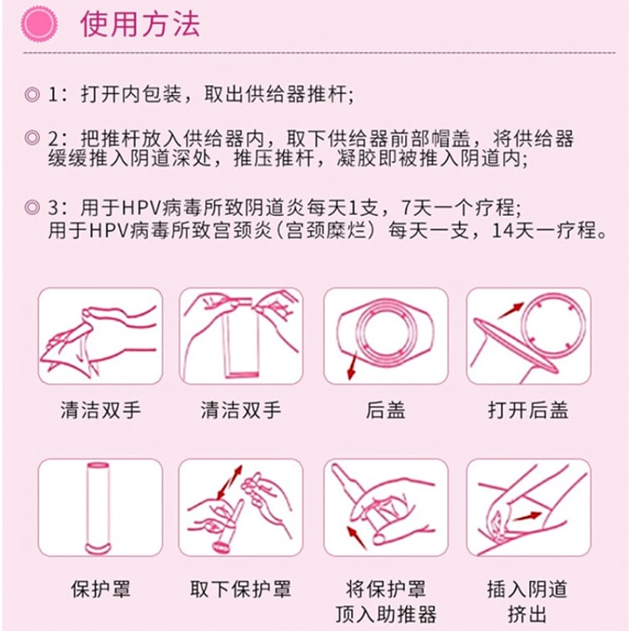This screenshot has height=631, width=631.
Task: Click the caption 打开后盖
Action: tap(528, 410)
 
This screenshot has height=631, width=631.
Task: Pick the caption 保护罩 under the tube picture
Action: tap(101, 589)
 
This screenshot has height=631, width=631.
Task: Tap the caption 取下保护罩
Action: tap(241, 589)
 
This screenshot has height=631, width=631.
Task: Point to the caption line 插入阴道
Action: tap(528, 589)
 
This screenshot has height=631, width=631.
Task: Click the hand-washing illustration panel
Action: tap(101, 338)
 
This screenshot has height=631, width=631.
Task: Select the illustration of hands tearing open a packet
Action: tap(241, 338)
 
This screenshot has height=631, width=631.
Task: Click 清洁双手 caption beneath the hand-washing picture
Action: tap(101, 410)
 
